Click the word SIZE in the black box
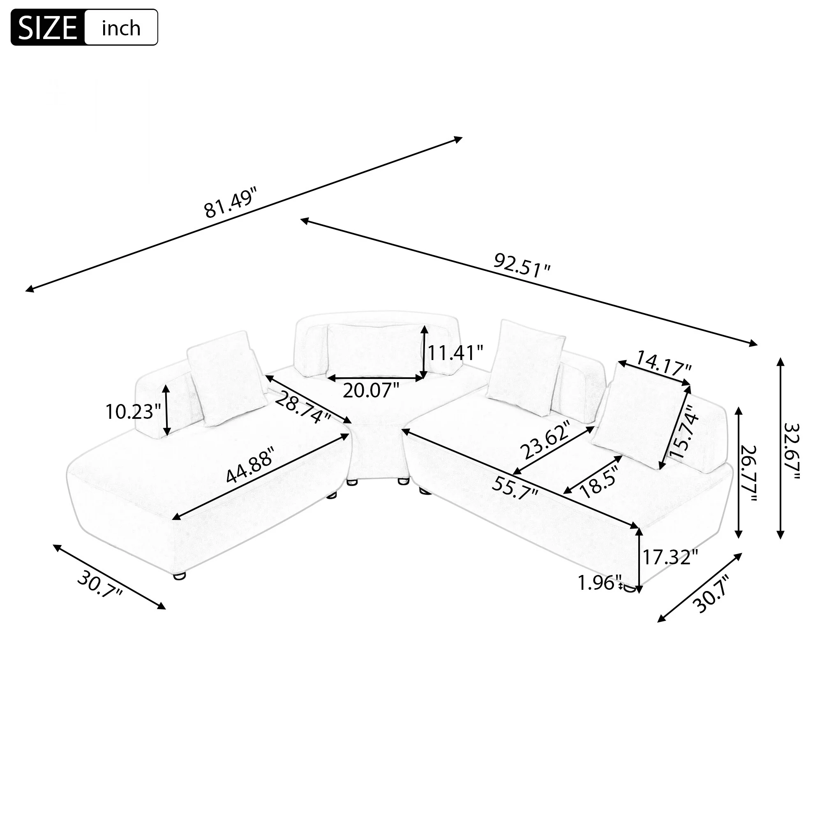(x=48, y=28)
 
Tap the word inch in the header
(x=121, y=28)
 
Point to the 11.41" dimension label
(x=455, y=353)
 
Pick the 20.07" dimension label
(x=371, y=390)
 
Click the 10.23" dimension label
(x=133, y=412)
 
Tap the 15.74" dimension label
(x=684, y=431)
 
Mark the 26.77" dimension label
(x=748, y=473)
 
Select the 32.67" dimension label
(x=791, y=451)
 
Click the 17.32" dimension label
(x=670, y=558)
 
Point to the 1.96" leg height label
(x=600, y=583)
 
